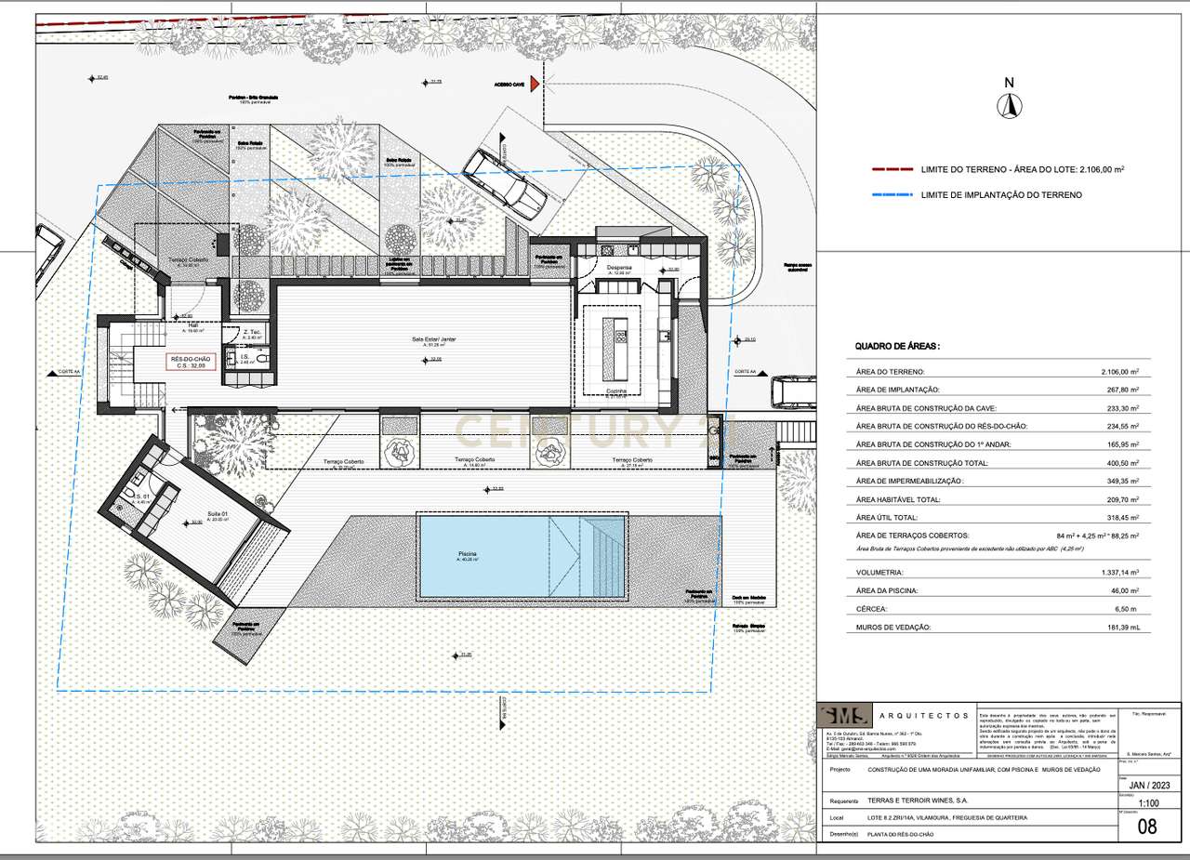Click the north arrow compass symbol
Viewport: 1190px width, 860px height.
(1007, 105)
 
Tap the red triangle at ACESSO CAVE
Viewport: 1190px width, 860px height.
(535, 85)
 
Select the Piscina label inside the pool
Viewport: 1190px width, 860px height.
(467, 556)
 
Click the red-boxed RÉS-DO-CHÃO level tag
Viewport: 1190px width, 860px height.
(192, 361)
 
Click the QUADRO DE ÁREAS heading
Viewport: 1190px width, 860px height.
(897, 346)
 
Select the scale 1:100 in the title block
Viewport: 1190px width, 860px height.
(1148, 804)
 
